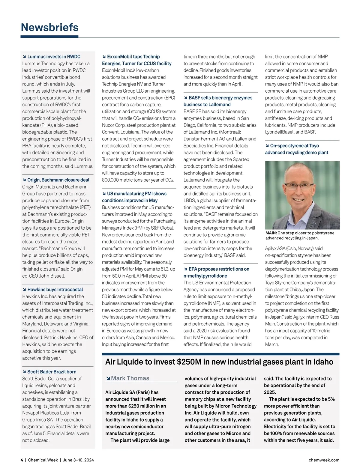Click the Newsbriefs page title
tap(49, 27)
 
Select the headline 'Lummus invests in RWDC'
tap(54, 57)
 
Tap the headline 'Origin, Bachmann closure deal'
tap(58, 180)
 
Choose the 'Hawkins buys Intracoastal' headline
tap(55, 290)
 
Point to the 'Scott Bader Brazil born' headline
tap(52, 372)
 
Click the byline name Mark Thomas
tap(130, 378)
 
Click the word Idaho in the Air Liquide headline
tap(323, 362)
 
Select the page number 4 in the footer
tap(22, 460)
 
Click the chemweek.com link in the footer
tap(324, 460)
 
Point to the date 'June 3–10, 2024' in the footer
tap(78, 460)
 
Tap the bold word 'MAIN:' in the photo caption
tap(271, 233)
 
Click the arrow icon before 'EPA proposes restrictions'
tap(185, 269)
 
